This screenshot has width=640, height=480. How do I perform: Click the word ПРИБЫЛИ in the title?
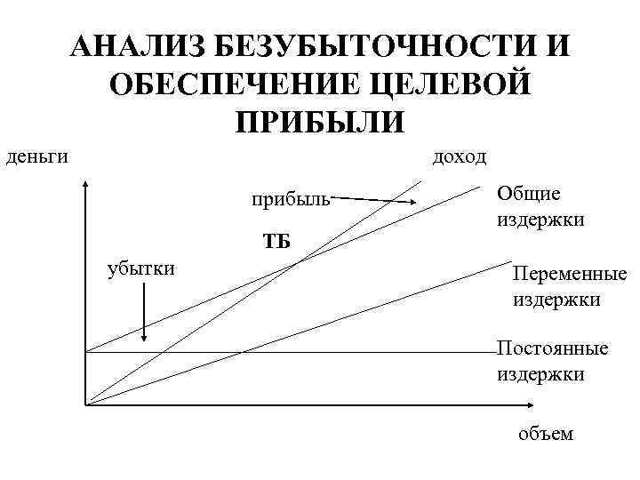pos(320,121)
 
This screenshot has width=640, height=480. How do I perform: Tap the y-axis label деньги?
pos(37,156)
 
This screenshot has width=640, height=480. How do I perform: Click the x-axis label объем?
pos(547,434)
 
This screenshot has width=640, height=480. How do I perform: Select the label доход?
pos(459,156)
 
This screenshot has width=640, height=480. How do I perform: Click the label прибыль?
pos(289,196)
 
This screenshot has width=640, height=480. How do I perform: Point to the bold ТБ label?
pos(277,241)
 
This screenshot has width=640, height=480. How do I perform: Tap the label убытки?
pos(140,268)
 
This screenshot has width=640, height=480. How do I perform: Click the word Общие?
pos(530,195)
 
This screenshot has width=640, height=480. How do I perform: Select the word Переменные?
pos(570,276)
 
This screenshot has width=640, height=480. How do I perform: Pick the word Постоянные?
pos(552,348)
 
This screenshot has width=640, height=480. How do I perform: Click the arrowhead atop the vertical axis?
pos(86,186)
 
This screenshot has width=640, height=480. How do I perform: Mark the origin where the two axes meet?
pos(86,405)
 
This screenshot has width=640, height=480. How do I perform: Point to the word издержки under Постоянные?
pos(540,373)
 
